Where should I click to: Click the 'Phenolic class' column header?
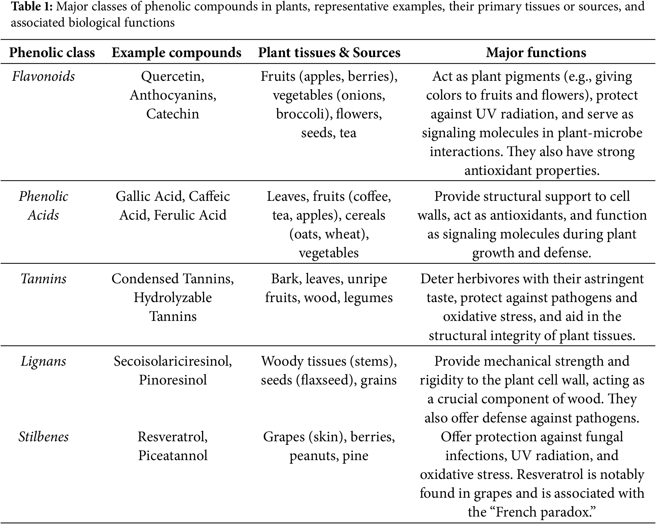point(52,53)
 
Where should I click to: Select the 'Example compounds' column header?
point(176,53)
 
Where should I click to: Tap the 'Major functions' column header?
point(536,53)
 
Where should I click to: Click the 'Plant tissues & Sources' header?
point(329,53)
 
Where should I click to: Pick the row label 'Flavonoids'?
point(44,77)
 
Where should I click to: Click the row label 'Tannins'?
point(44,279)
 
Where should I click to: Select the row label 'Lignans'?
point(44,361)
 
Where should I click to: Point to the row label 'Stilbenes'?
point(44,437)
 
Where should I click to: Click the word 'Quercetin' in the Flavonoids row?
point(172,77)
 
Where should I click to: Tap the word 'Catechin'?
point(172,114)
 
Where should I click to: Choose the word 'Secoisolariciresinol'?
point(172,361)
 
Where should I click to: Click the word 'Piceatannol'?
point(173,456)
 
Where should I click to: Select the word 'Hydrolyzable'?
point(173,298)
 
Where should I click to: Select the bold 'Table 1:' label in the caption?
point(32,6)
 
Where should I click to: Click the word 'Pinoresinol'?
point(173,380)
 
